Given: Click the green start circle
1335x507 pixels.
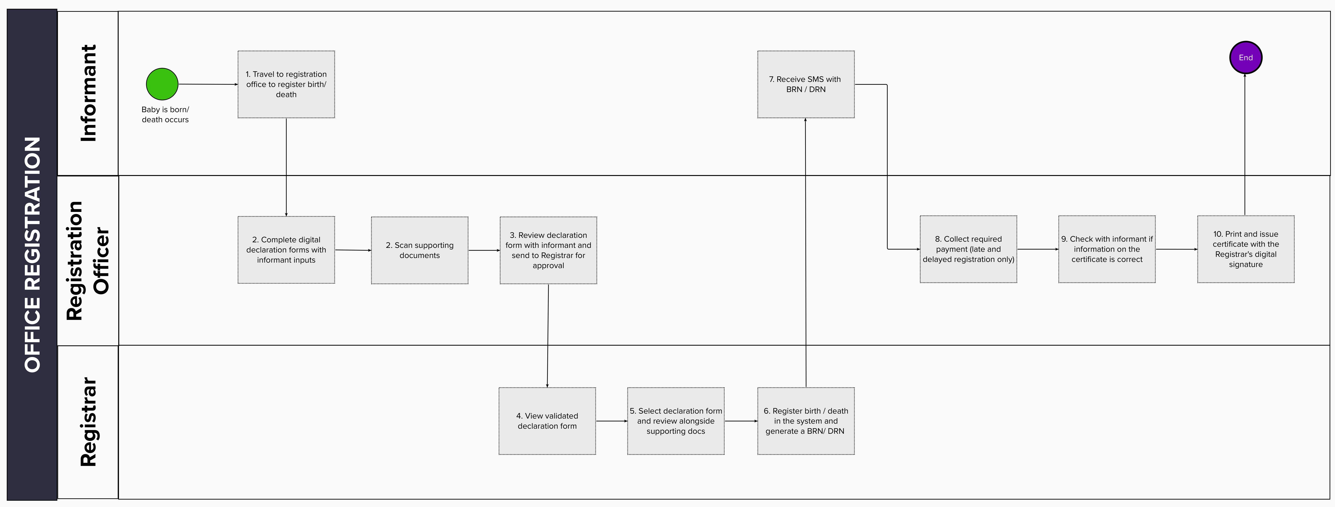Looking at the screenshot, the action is click(x=162, y=84).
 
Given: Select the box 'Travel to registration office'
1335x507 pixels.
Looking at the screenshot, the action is click(x=286, y=84).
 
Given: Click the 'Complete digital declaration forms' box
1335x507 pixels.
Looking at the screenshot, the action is click(x=286, y=250).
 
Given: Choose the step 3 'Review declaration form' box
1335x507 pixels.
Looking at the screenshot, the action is click(x=548, y=250).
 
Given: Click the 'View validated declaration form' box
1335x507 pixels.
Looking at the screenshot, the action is click(x=547, y=421).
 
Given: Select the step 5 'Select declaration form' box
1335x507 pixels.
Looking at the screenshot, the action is click(x=676, y=421).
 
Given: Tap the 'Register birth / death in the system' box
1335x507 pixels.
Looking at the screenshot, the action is click(x=806, y=421).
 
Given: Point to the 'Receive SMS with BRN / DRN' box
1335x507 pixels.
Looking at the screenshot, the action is click(x=806, y=84).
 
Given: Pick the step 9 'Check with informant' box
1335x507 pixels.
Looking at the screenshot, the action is click(x=1107, y=249).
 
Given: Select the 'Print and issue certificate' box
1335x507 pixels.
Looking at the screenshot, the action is click(x=1246, y=249).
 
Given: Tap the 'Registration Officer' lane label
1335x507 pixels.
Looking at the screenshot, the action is click(x=88, y=261).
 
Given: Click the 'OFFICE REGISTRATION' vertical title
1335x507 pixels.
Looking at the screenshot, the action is click(x=32, y=254).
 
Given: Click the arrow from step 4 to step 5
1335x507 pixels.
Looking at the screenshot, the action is click(x=612, y=421).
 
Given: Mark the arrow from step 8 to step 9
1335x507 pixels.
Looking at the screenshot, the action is click(x=1037, y=249).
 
